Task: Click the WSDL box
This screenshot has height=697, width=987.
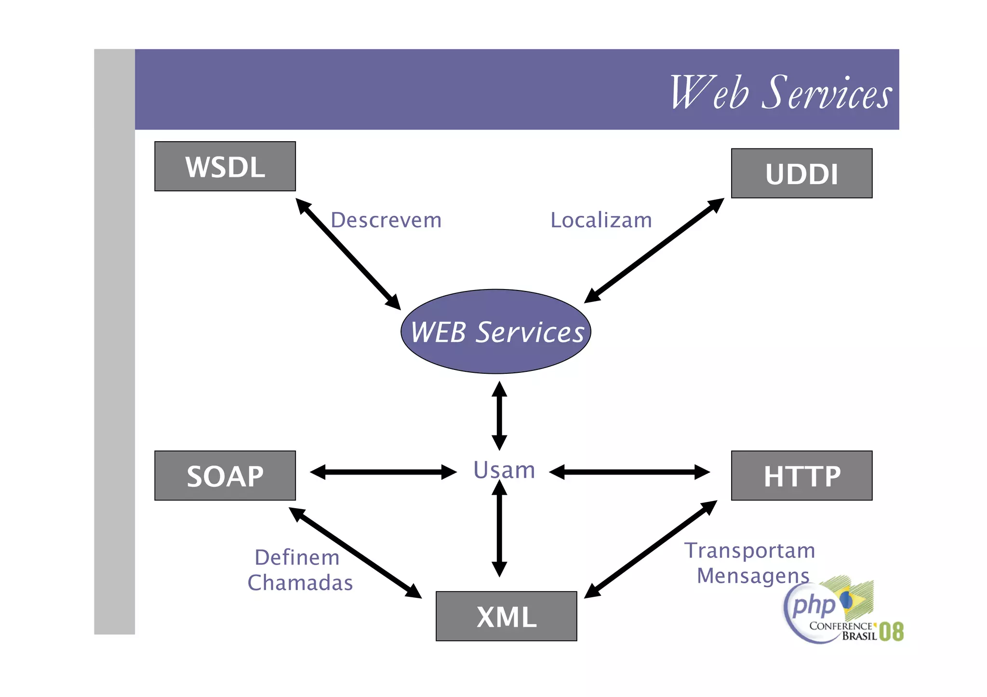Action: (x=225, y=166)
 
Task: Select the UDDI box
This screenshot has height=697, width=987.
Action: (x=801, y=173)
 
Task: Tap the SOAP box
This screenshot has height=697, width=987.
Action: (x=225, y=475)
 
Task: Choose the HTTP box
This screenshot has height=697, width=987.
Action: (x=801, y=475)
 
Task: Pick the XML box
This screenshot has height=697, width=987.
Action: (x=506, y=616)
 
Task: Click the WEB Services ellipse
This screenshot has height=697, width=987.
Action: (x=496, y=331)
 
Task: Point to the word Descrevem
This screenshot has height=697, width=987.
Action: (x=386, y=220)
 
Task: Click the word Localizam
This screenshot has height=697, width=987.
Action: (x=601, y=220)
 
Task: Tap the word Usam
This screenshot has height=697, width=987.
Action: (x=504, y=470)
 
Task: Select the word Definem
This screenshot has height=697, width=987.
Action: (x=297, y=557)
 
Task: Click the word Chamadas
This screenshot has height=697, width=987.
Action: (x=300, y=582)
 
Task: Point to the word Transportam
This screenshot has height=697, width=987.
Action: (x=749, y=550)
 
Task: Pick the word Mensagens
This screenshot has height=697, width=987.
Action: (x=753, y=575)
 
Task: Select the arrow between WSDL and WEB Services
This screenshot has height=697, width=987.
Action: (x=348, y=254)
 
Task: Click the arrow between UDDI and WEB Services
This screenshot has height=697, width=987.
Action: (x=654, y=250)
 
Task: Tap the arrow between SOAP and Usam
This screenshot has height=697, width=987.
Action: (x=383, y=472)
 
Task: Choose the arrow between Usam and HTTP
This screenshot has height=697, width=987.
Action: (x=629, y=472)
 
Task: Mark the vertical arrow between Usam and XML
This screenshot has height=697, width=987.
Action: (x=499, y=528)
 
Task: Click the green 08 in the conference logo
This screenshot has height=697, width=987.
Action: (x=891, y=631)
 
